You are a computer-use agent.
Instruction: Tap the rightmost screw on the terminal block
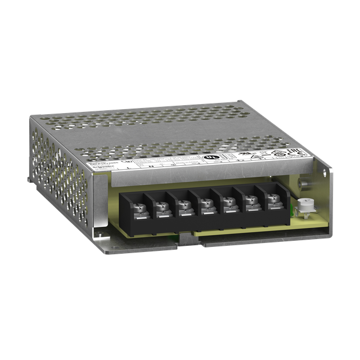(x=272, y=198)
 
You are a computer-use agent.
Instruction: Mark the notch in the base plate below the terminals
(x=189, y=241)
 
